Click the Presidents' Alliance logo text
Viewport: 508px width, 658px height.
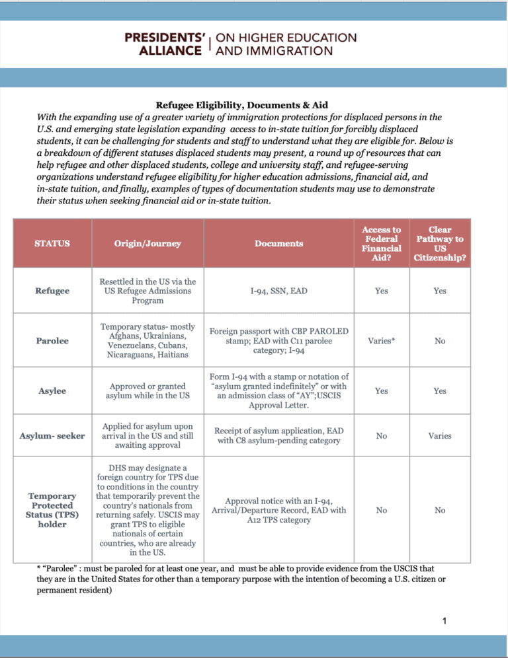pos(240,44)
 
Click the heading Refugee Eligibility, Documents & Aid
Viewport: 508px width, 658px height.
pos(241,105)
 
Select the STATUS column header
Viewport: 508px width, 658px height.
pos(52,243)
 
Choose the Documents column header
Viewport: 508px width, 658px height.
pos(278,243)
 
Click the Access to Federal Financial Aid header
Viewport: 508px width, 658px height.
pos(381,243)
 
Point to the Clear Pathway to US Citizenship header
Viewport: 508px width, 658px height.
pos(440,243)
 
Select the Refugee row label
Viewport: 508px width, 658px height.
pos(52,291)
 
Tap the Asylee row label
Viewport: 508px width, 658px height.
pos(52,391)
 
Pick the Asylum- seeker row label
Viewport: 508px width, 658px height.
pos(52,436)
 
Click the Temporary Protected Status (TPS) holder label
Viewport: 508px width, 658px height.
pos(52,510)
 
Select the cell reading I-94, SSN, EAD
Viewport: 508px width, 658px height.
pos(278,291)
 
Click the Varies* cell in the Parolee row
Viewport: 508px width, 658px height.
pos(381,341)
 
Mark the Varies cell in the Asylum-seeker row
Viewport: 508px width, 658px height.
pos(440,436)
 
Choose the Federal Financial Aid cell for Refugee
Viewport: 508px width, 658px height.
pos(381,291)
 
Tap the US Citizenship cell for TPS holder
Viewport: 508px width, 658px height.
pos(440,510)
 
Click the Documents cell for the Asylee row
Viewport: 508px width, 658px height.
pos(278,391)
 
